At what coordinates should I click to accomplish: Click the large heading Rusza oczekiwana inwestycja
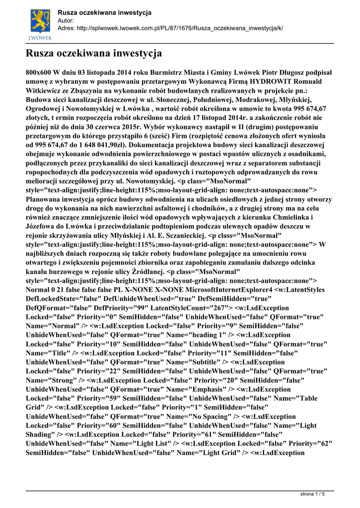pyautogui.click(x=94, y=52)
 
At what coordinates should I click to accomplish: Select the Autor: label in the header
pyautogui.click(x=66, y=20)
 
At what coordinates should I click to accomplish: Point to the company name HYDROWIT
pyautogui.click(x=270, y=81)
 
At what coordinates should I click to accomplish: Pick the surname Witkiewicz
pyautogui.click(x=49, y=91)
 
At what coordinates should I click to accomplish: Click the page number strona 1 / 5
pyautogui.click(x=313, y=494)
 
